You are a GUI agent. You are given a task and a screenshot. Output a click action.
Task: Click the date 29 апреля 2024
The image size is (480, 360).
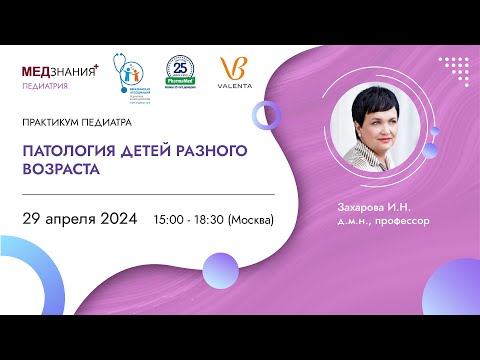pyautogui.click(x=80, y=219)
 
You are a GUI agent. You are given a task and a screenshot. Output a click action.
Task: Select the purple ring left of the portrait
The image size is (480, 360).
pyautogui.click(x=267, y=116)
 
